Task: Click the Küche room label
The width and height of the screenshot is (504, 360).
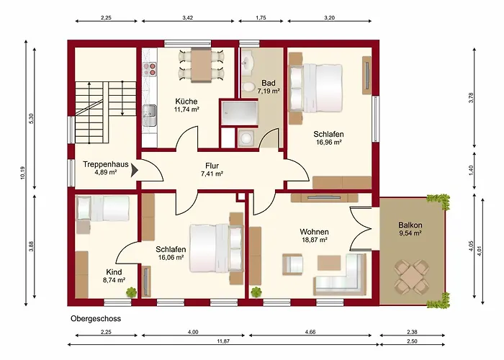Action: (x=186, y=102)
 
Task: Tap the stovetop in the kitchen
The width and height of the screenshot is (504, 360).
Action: (x=150, y=69)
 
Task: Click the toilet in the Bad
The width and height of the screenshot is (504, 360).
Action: (x=248, y=87)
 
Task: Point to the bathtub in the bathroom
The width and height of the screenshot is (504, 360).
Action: (x=239, y=113)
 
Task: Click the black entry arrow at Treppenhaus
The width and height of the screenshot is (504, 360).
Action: (x=135, y=171)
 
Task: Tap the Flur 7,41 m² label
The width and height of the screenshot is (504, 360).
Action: (x=212, y=170)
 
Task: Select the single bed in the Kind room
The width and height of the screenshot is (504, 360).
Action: (x=102, y=208)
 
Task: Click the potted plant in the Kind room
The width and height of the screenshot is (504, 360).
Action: (x=131, y=292)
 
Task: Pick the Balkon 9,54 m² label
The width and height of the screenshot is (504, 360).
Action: (x=410, y=229)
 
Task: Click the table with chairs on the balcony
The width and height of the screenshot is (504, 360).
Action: (x=412, y=276)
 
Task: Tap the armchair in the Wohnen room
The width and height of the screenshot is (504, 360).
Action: (x=292, y=264)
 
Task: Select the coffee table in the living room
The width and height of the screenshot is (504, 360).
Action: (x=329, y=263)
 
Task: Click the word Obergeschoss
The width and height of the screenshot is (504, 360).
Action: (x=96, y=318)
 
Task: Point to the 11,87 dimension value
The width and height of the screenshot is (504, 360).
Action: (x=223, y=341)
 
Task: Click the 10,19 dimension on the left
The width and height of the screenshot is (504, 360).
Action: (x=22, y=173)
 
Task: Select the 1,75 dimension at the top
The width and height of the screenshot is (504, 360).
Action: (x=261, y=18)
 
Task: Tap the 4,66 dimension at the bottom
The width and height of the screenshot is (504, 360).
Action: (x=310, y=333)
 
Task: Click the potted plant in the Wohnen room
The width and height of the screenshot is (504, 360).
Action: (x=256, y=292)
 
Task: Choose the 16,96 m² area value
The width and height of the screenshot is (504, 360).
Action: (x=329, y=142)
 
